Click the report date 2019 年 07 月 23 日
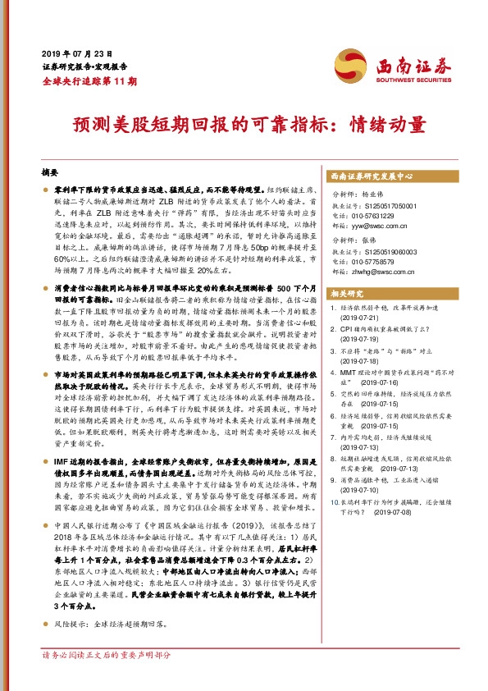pos(76,52)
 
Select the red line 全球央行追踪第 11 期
pos(89,80)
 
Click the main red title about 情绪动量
pos(244,125)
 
